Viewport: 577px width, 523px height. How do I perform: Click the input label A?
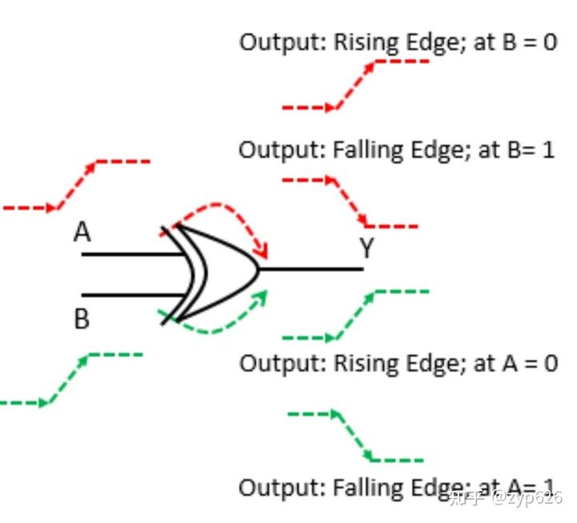pyautogui.click(x=83, y=232)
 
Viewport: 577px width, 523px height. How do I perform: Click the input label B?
pyautogui.click(x=82, y=320)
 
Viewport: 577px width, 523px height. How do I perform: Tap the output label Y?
pyautogui.click(x=366, y=249)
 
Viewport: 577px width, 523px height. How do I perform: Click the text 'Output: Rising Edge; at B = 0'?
pyautogui.click(x=398, y=42)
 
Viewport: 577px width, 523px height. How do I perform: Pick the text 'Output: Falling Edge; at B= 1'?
pyautogui.click(x=397, y=150)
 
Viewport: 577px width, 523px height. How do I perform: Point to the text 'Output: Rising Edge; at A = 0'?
pyautogui.click(x=398, y=363)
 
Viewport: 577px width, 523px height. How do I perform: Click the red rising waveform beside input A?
pyautogui.click(x=76, y=184)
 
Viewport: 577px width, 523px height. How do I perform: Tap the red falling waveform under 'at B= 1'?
pyautogui.click(x=349, y=203)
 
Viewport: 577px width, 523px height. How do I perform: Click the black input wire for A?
pyautogui.click(x=132, y=255)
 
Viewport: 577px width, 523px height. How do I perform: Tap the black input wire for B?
pyautogui.click(x=132, y=295)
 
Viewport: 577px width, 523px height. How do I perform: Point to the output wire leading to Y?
pyautogui.click(x=313, y=269)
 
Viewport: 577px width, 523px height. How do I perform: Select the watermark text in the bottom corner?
pyautogui.click(x=505, y=497)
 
